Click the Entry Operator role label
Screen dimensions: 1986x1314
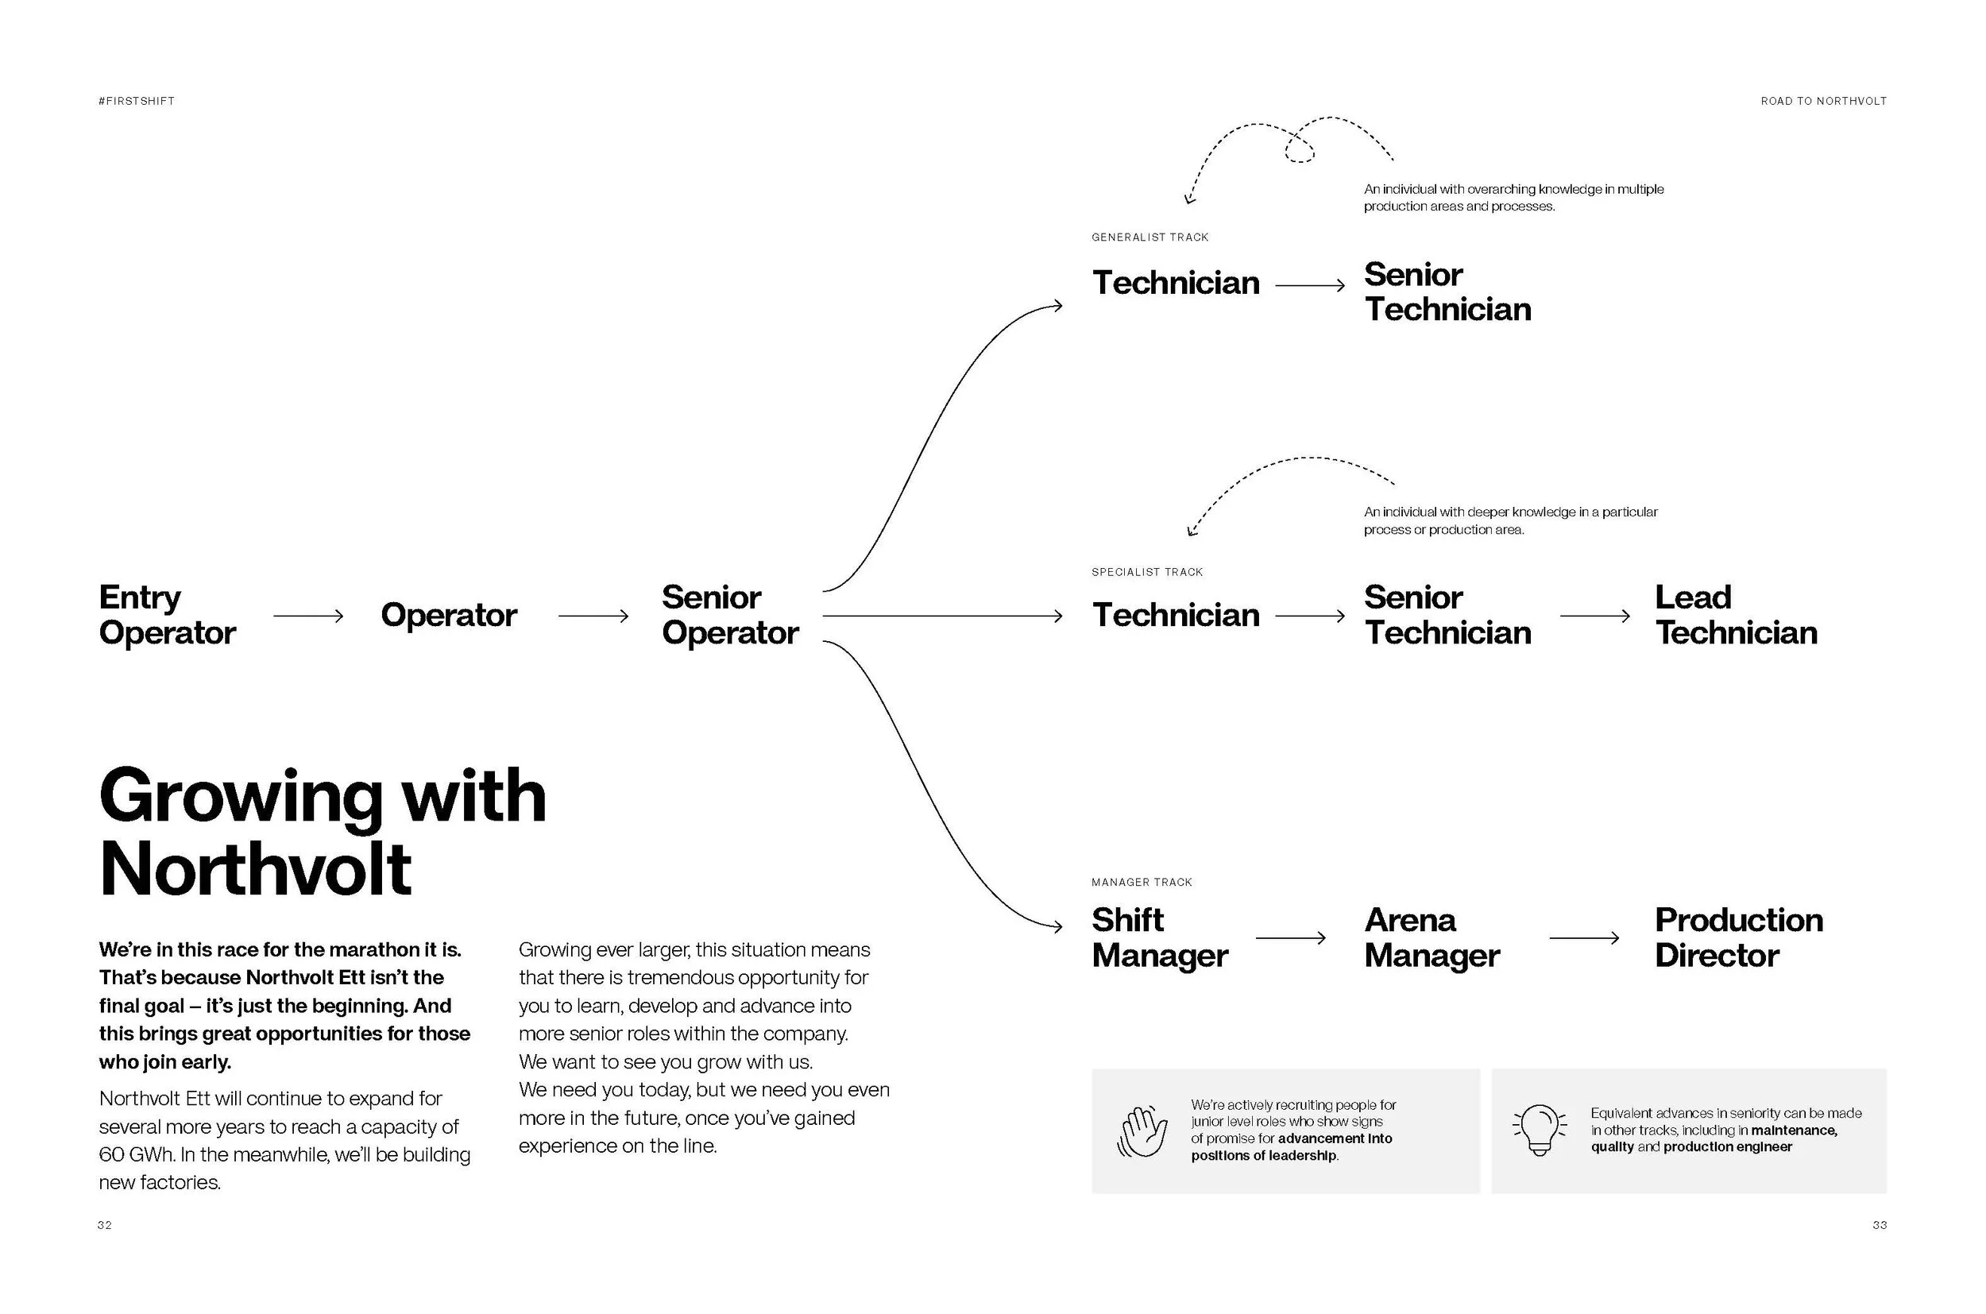167,615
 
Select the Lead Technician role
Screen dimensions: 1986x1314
1736,615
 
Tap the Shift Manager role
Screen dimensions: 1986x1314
1159,937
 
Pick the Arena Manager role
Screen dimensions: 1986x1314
1432,937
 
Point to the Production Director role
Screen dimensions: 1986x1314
1738,937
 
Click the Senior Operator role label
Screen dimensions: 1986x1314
730,615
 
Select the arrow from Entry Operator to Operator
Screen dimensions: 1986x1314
308,616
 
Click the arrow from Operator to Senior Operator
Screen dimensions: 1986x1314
593,616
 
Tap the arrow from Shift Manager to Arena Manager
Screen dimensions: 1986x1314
1290,937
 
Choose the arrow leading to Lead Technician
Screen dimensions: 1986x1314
1594,616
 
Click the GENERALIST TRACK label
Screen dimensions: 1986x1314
1149,238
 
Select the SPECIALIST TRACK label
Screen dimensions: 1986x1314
1146,572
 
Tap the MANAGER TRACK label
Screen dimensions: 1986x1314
1142,883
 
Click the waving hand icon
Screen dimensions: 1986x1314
1142,1131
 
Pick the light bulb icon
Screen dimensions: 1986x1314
1539,1130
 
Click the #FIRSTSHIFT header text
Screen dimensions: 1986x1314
137,102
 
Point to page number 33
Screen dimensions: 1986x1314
1880,1225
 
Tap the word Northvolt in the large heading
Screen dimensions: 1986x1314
256,869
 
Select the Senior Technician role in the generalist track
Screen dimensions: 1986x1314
1447,292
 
